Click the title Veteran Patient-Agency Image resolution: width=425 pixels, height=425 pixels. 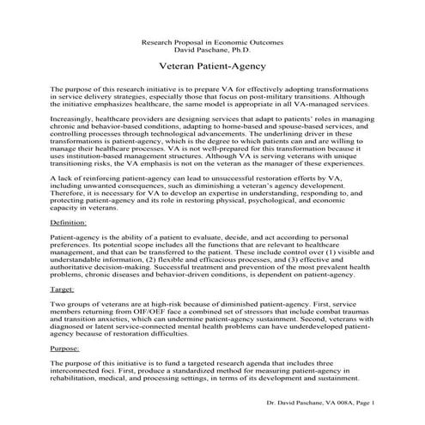[212, 65]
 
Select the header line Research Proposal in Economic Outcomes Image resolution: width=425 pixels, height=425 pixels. [212, 41]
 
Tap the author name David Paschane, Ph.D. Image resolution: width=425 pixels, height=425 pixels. [212, 50]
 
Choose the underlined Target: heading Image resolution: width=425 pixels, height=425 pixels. [62, 290]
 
